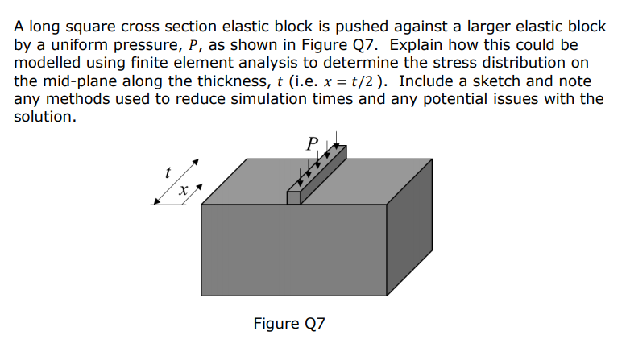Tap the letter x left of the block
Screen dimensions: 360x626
pyautogui.click(x=183, y=191)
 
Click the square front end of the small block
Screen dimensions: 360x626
pyautogui.click(x=293, y=197)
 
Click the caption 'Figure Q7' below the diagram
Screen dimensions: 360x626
pyautogui.click(x=289, y=325)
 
